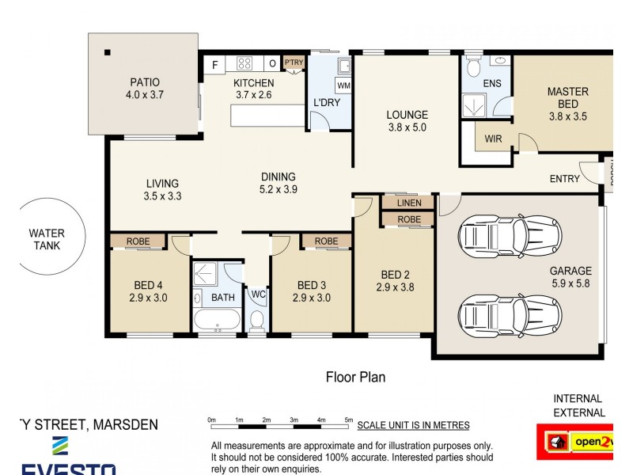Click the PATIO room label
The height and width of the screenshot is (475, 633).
coord(144,82)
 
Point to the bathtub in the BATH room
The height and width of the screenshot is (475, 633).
coord(216,321)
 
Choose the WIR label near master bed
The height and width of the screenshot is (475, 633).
coord(493,139)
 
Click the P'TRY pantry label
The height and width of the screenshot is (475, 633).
coord(294,63)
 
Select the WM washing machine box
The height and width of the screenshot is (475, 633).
coord(343,85)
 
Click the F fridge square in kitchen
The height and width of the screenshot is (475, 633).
coord(214,64)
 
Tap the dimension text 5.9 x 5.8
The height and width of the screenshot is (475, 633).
coord(570,283)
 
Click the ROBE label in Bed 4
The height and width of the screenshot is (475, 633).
coord(138,241)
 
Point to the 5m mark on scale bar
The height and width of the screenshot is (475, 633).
coord(349,420)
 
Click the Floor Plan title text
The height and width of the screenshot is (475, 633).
coord(355,377)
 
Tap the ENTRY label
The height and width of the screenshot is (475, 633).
coord(564,179)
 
